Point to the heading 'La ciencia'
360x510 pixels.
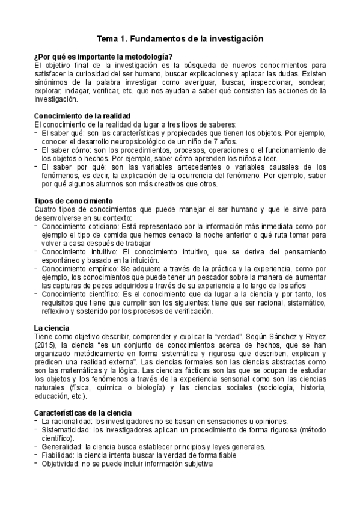(53, 327)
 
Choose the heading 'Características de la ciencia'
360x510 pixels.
(86, 413)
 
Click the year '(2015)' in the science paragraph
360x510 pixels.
(46, 347)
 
